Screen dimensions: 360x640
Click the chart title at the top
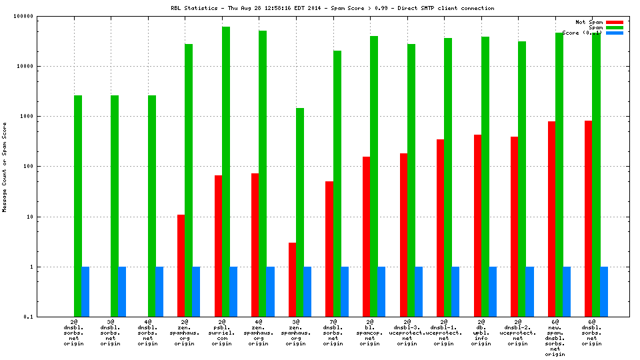332,8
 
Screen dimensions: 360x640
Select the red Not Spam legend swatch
614,22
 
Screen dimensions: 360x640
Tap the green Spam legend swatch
614,27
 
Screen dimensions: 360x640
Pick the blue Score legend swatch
614,33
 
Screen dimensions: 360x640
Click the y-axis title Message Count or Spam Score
5,167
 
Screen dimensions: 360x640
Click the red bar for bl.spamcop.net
366,237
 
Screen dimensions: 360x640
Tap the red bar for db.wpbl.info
477,225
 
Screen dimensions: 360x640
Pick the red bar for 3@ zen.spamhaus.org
292,279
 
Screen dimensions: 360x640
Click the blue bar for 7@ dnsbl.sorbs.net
345,291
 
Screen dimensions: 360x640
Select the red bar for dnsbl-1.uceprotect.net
440,228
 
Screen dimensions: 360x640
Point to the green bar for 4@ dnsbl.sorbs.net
152,206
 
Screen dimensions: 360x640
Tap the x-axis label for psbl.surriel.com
222,333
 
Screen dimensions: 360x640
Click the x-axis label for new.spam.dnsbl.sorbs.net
555,338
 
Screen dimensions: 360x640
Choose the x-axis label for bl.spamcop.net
370,333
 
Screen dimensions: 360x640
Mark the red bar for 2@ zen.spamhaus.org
181,265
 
